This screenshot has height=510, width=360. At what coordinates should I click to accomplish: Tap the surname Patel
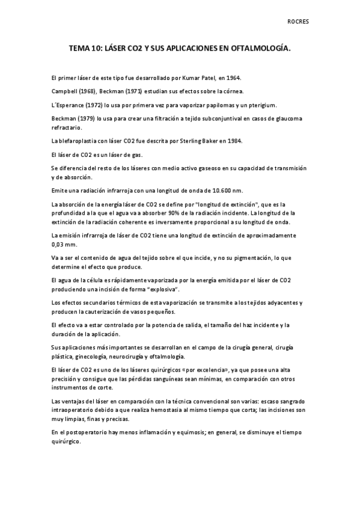point(207,78)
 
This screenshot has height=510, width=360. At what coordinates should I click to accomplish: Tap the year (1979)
point(88,118)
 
